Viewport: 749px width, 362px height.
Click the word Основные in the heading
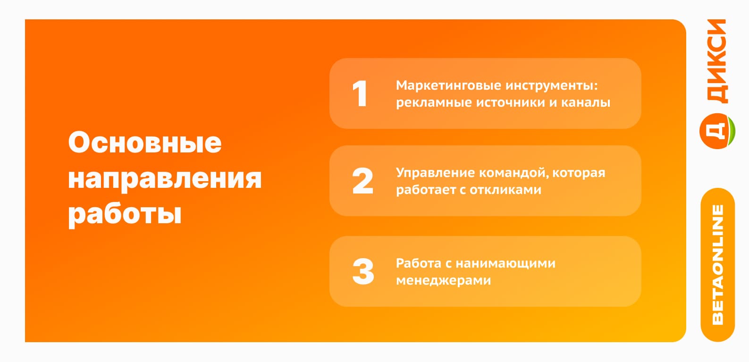tap(145, 143)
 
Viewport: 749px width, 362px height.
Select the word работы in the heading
tap(125, 215)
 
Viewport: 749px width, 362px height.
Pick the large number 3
tap(363, 271)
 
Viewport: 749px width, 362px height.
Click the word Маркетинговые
tap(448, 85)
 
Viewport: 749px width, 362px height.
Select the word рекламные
tap(433, 103)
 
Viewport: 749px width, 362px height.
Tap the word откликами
tap(505, 190)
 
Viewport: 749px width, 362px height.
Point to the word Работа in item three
tap(419, 263)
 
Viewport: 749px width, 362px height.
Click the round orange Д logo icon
tap(716, 131)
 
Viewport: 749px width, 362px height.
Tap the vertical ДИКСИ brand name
tap(717, 61)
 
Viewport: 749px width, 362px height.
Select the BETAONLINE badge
tap(717, 265)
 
